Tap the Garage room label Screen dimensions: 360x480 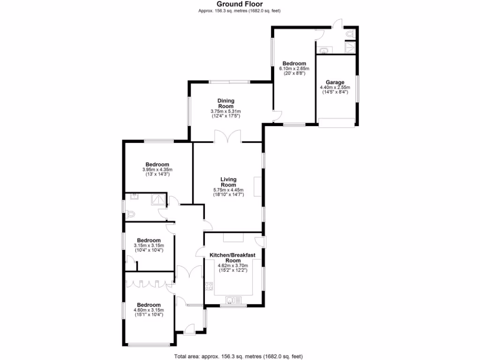click(x=335, y=82)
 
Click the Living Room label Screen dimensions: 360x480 click(x=228, y=182)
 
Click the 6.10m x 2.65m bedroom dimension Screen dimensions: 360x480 click(x=294, y=69)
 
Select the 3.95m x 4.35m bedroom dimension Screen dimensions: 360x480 click(x=157, y=170)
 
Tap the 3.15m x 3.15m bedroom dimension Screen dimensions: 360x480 click(x=149, y=245)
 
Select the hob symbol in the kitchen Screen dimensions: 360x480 click(x=208, y=285)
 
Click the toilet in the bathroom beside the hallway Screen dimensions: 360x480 click(x=130, y=214)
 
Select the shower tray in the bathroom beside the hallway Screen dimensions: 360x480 click(x=159, y=200)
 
